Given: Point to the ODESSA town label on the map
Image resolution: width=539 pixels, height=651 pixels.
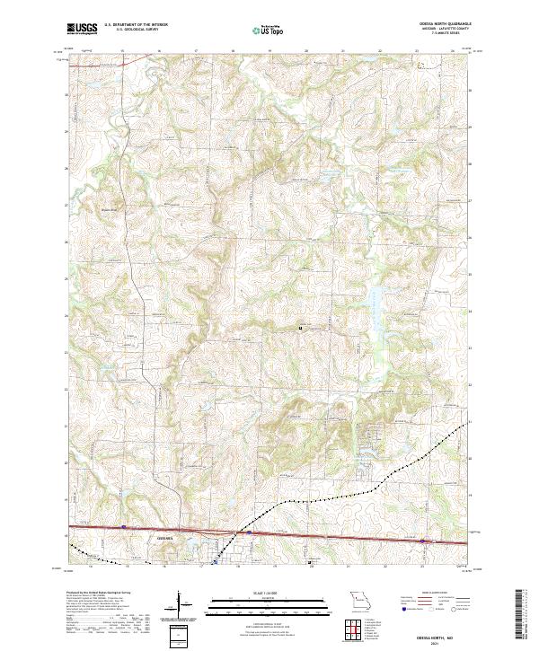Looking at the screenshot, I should pos(168,538).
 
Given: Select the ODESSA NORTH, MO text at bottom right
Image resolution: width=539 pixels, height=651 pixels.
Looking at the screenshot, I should pos(444,635).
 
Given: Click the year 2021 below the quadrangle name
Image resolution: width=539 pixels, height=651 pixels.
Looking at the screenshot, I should pos(444,642).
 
